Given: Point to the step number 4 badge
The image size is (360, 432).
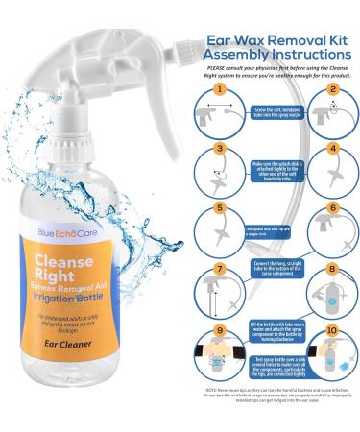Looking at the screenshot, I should point(331,151).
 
